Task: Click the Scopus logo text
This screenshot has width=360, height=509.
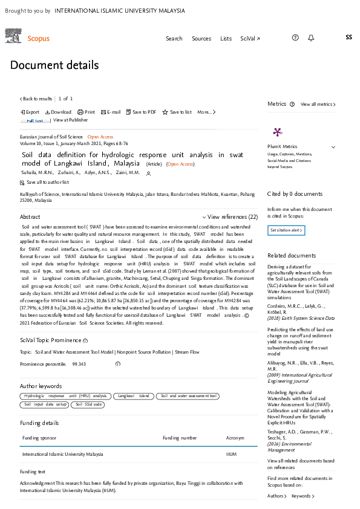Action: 39,38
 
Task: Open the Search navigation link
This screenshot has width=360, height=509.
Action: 174,38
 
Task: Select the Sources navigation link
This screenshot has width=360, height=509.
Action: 201,38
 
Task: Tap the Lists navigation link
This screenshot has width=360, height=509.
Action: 226,38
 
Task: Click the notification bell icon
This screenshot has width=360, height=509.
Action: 311,37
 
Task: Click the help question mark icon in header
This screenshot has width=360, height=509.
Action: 295,37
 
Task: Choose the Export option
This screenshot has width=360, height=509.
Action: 30,112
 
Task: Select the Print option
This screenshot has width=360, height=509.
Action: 87,112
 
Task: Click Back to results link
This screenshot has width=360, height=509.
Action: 36,99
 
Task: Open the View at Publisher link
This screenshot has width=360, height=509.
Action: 70,120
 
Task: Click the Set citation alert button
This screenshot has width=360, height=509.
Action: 286,230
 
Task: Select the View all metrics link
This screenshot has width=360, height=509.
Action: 318,104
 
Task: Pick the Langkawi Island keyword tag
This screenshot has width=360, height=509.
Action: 133,396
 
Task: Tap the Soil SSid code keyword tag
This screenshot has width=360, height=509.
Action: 89,404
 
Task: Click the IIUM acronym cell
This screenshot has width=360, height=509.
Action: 232,453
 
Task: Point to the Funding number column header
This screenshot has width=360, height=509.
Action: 180,438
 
